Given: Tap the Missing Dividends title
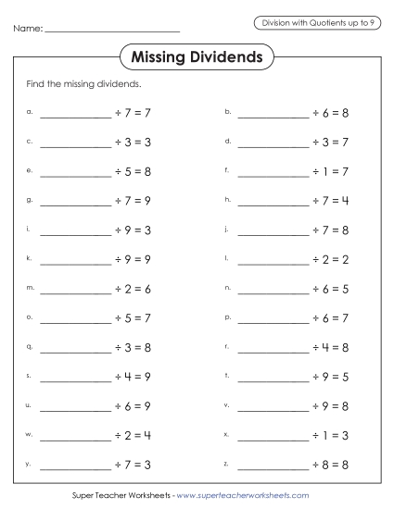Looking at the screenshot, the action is click(197, 57).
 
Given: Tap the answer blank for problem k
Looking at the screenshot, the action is click(74, 259).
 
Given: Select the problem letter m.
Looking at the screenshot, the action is click(30, 288).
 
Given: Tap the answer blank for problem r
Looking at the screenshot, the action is click(273, 347).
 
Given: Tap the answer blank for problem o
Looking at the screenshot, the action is click(74, 317).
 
